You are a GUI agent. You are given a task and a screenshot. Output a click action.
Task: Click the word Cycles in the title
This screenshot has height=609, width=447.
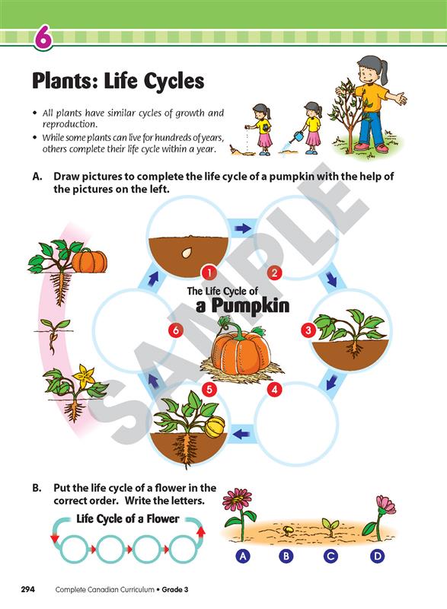[x=174, y=81]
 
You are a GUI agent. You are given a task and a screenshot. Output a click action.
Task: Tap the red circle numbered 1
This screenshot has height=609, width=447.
[x=209, y=273]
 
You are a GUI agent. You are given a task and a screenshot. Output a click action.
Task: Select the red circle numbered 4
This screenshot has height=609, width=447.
[x=275, y=389]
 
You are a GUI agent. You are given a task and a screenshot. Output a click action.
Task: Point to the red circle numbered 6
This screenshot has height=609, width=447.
[x=176, y=330]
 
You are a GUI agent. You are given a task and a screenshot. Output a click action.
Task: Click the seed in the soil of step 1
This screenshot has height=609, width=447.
[x=187, y=253]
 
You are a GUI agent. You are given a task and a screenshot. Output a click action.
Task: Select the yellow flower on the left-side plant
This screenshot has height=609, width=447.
[x=85, y=375]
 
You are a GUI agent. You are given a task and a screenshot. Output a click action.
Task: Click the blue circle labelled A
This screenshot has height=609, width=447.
[x=243, y=556]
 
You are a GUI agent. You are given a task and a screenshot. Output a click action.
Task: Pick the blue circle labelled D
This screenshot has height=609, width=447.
[x=377, y=556]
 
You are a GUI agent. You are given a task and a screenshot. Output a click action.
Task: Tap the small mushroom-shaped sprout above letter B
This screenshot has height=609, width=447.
[x=288, y=530]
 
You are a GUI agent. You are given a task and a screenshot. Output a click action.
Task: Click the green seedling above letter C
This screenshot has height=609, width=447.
[x=331, y=526]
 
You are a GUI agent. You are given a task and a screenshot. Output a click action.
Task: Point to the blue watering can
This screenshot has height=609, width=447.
[x=299, y=137]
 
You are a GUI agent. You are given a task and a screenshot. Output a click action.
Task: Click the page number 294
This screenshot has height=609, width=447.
[x=28, y=589]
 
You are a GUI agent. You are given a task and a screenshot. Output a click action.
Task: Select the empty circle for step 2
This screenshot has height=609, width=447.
[x=299, y=237]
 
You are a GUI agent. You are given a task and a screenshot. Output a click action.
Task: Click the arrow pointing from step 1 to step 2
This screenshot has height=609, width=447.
[x=243, y=229]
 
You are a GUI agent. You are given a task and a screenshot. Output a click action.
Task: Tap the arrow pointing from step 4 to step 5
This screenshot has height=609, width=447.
[x=243, y=432]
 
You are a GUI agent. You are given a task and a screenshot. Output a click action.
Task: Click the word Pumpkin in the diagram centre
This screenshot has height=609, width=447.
[x=251, y=305]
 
